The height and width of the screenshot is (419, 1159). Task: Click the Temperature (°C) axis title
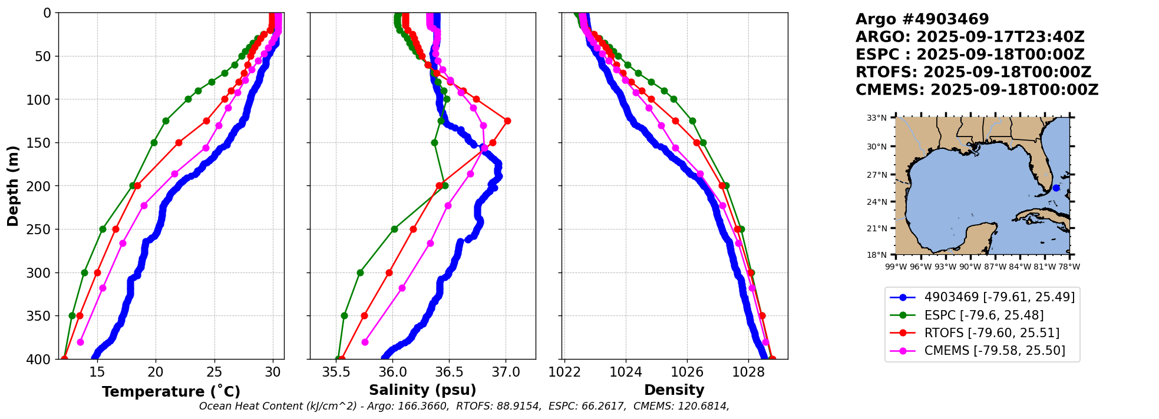[x=171, y=391]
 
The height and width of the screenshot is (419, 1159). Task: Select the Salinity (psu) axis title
[x=422, y=390]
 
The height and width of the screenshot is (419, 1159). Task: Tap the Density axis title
[x=674, y=390]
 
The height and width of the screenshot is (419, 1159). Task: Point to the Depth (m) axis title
[x=12, y=185]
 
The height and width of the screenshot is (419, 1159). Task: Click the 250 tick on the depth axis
[x=42, y=230]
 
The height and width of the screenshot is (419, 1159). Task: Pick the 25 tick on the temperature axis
[x=214, y=372]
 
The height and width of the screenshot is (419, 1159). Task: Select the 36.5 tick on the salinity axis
[x=449, y=372]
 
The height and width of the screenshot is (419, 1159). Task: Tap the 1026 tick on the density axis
[x=687, y=372]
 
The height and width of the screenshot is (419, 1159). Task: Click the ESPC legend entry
[x=983, y=315]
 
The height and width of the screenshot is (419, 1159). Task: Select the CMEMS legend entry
[x=994, y=351]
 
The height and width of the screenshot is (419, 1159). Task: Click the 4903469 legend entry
[x=999, y=297]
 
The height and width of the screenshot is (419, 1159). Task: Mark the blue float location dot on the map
[x=1056, y=188]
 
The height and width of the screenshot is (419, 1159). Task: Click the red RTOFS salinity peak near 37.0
[x=507, y=121]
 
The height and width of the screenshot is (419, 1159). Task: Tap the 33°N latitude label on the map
[x=876, y=118]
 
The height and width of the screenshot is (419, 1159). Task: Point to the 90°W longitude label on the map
[x=970, y=267]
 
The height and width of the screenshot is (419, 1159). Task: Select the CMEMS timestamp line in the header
[x=976, y=90]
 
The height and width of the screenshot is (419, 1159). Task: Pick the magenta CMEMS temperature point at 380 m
[x=80, y=342]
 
